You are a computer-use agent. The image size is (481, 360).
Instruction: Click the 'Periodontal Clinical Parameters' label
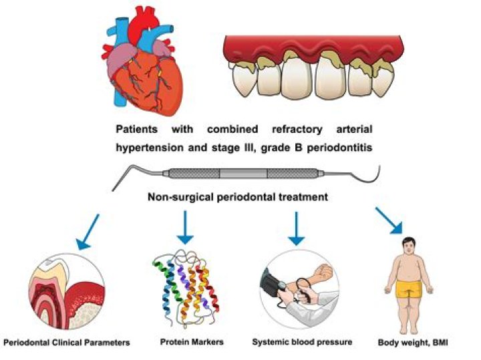(66, 343)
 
